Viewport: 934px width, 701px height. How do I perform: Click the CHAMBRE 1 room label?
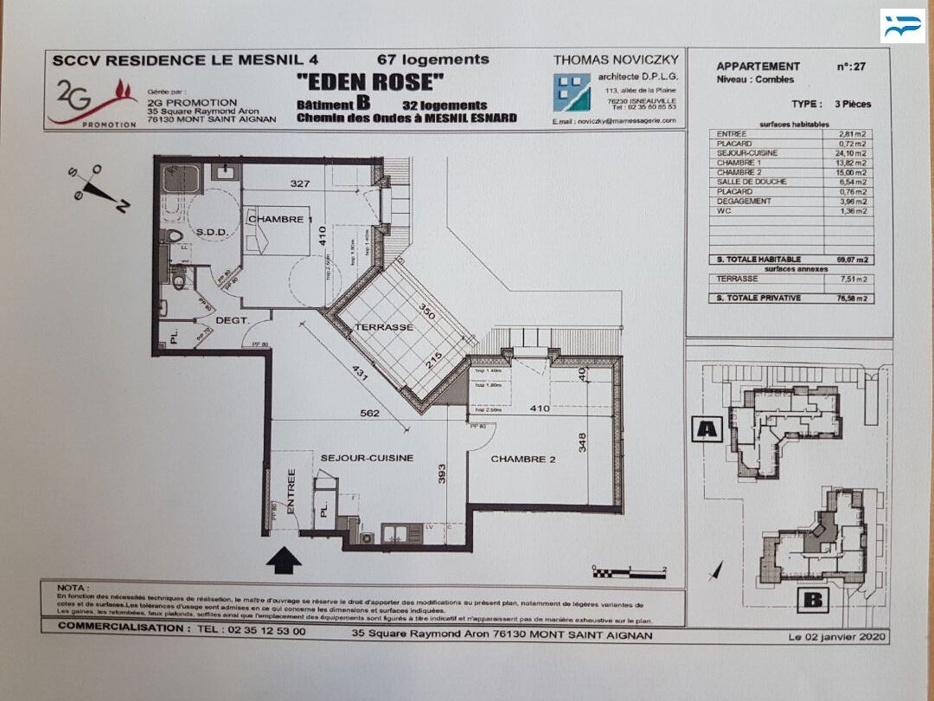pos(278,220)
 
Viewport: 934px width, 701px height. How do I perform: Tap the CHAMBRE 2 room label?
pos(523,460)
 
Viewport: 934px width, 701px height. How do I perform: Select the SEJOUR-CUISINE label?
pos(367,458)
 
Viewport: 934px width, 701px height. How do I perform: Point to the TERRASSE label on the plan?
pos(383,328)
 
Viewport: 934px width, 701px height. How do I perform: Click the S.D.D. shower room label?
pos(211,232)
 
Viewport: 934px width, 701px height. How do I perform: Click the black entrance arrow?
pos(284,560)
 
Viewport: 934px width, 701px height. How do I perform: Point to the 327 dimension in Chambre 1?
pos(300,183)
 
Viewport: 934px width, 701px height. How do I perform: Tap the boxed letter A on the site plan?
pos(707,428)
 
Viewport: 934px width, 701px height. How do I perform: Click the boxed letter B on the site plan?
pos(812,600)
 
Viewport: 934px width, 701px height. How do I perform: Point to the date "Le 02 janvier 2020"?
pos(836,637)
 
